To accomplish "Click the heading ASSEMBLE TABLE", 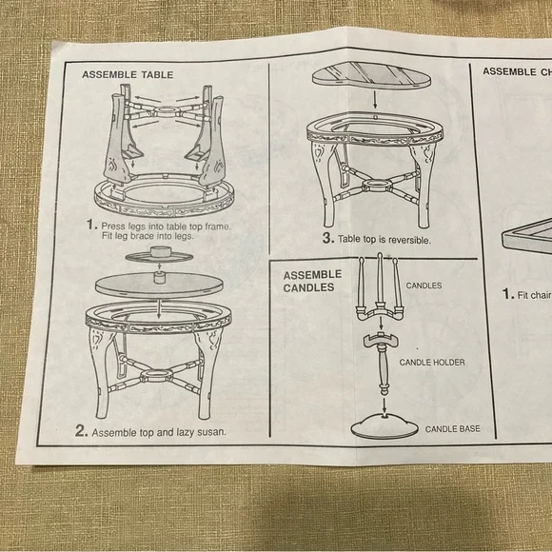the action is pyautogui.click(x=128, y=74).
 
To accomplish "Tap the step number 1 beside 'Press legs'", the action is pyautogui.click(x=91, y=225).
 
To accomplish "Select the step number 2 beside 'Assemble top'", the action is pyautogui.click(x=81, y=430).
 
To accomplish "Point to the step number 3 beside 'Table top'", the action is pyautogui.click(x=328, y=238).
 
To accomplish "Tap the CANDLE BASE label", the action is pyautogui.click(x=452, y=429).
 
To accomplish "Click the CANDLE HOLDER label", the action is pyautogui.click(x=432, y=363).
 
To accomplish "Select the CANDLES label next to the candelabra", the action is pyautogui.click(x=424, y=286).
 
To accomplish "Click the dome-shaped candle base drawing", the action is pyautogui.click(x=384, y=426).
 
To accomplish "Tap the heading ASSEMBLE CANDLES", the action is pyautogui.click(x=312, y=281).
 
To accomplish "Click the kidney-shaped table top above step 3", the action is pyautogui.click(x=371, y=75).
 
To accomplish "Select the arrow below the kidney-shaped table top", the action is pyautogui.click(x=375, y=100).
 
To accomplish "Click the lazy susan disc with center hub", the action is pyautogui.click(x=159, y=255).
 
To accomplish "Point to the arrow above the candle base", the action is pyautogui.click(x=384, y=404).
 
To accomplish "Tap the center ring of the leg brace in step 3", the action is pyautogui.click(x=377, y=185).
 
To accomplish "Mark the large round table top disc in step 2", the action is pyautogui.click(x=159, y=285).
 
